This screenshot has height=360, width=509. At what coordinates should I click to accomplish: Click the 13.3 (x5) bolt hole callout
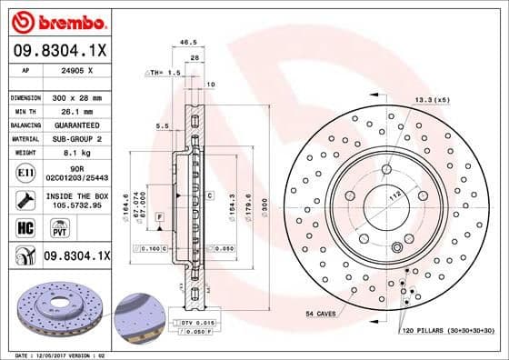coord(431,98)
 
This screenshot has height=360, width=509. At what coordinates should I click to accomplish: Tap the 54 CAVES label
coord(321,312)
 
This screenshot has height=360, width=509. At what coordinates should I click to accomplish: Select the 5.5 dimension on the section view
coord(162,126)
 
